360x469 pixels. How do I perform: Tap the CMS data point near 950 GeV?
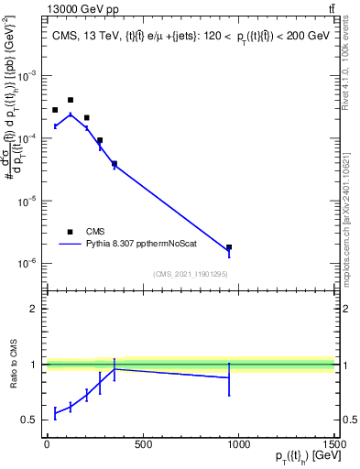(229, 247)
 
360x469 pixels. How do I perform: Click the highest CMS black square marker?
(71, 100)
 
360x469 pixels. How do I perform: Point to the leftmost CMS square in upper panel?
(55, 110)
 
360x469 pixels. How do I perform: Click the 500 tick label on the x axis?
(142, 444)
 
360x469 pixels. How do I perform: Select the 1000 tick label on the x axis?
(238, 444)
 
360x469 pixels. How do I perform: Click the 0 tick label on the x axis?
(46, 444)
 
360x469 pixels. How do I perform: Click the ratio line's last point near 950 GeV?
(229, 377)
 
